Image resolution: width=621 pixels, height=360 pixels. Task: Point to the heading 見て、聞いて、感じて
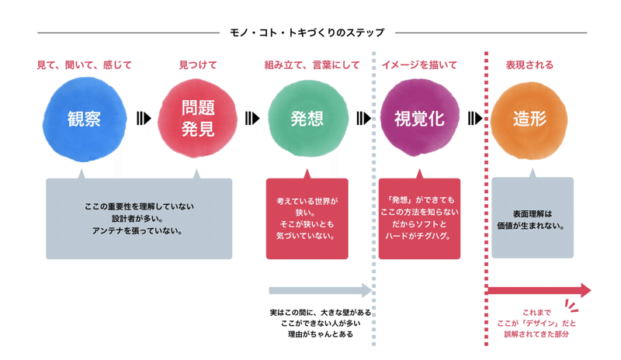tap(85, 65)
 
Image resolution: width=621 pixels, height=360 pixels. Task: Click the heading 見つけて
tap(197, 65)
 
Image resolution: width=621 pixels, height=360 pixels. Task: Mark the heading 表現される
tap(529, 65)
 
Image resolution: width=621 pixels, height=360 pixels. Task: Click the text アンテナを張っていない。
tap(138, 230)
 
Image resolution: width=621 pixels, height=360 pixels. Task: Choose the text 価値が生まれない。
tap(533, 227)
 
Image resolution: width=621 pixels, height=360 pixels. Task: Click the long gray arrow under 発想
tap(320, 291)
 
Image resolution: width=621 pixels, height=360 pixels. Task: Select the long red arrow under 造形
tap(538, 290)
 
